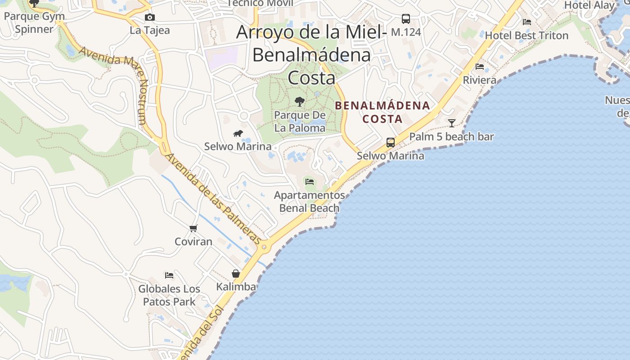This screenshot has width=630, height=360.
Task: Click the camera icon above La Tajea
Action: click(x=150, y=18)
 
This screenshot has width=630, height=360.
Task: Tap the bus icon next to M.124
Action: click(x=406, y=19)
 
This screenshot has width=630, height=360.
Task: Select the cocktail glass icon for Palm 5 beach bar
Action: click(x=451, y=123)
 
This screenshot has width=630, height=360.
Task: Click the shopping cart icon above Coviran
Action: click(x=193, y=228)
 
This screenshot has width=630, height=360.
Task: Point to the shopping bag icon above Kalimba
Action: click(x=236, y=274)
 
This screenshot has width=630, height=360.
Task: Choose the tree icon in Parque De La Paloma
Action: click(x=300, y=102)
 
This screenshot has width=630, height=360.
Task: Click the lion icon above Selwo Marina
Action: click(x=238, y=133)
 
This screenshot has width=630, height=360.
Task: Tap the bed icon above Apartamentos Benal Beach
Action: click(x=310, y=182)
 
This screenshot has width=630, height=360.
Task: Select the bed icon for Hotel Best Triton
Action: click(x=527, y=22)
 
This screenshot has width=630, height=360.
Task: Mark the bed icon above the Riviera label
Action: click(x=480, y=67)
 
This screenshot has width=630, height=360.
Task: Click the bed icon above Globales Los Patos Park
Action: click(x=169, y=275)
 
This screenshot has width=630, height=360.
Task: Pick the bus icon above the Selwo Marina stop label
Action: click(x=391, y=143)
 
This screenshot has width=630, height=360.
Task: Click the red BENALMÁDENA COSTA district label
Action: click(x=382, y=112)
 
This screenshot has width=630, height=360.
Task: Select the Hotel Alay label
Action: click(x=589, y=5)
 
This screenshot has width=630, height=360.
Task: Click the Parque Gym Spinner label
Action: click(x=34, y=22)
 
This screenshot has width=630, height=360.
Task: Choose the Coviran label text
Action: click(x=193, y=242)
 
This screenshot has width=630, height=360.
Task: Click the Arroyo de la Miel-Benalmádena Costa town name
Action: click(x=311, y=55)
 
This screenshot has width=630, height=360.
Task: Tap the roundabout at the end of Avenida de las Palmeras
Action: click(x=264, y=247)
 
